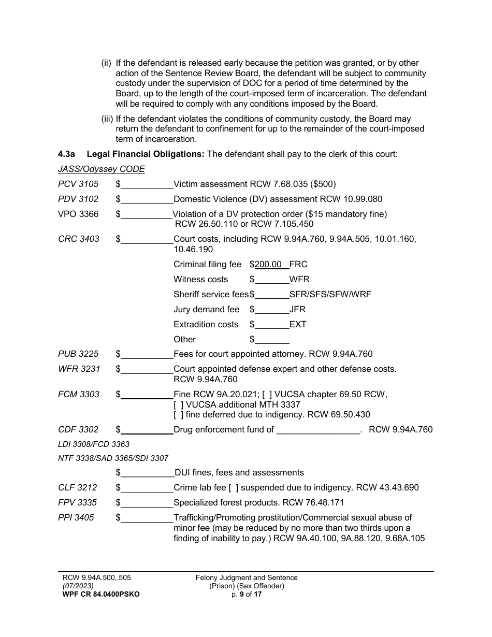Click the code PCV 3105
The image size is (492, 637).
click(78, 184)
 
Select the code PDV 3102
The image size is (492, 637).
click(78, 199)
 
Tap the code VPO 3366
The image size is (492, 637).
click(78, 214)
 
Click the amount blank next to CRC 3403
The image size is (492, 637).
click(147, 239)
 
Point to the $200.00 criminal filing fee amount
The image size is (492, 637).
click(269, 264)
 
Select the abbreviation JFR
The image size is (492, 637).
click(297, 309)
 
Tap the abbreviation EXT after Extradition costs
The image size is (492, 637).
click(298, 324)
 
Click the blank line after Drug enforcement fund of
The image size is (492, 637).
click(318, 430)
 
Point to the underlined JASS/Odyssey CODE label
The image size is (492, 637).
click(102, 169)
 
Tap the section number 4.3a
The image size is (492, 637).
click(67, 154)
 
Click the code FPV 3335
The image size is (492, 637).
click(77, 502)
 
